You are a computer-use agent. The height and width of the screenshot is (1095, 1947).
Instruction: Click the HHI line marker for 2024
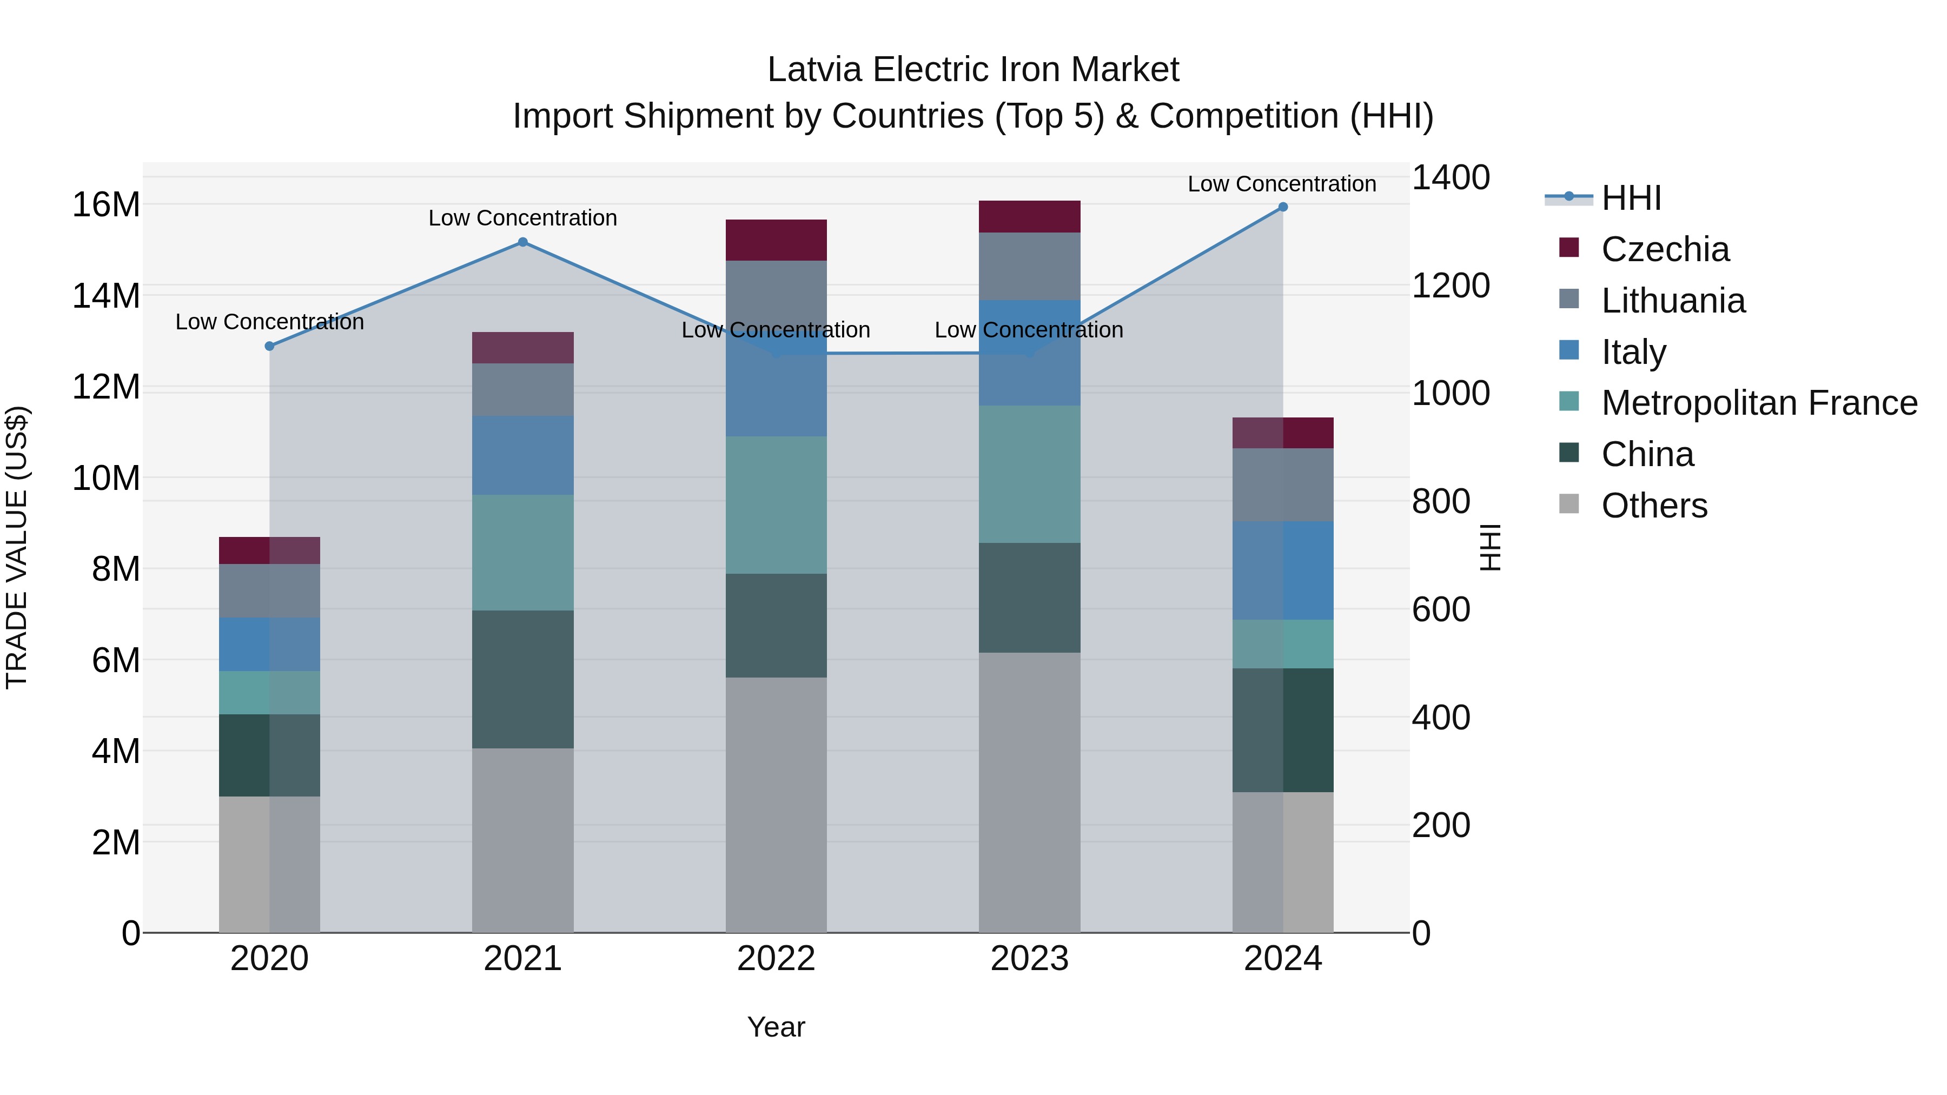coord(1283,207)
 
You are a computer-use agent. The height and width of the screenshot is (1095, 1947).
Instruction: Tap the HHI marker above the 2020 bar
coord(269,346)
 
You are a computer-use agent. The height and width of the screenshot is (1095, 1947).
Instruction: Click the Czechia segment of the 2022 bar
coord(776,240)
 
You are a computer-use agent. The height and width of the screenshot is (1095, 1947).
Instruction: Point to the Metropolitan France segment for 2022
coord(776,505)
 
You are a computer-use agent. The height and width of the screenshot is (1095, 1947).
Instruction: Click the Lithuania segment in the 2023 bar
coord(1029,266)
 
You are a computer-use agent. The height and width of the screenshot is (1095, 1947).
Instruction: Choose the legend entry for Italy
coord(1633,352)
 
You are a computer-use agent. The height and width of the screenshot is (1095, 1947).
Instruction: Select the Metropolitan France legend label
coord(1759,403)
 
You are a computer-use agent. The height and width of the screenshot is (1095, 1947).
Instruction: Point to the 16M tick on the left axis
coord(106,205)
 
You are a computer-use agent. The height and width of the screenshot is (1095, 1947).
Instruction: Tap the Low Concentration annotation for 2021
coord(522,217)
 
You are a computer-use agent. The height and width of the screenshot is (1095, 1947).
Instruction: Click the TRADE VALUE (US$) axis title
coord(17,547)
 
